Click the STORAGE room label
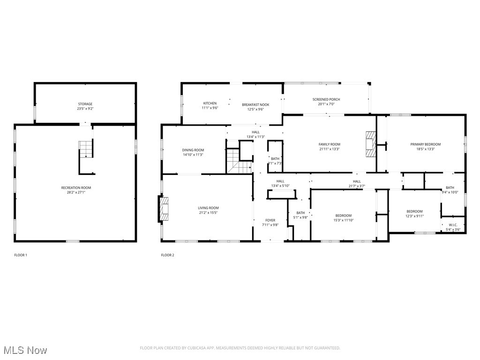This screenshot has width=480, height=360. point(85,104)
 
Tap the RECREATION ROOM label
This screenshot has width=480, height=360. point(76,188)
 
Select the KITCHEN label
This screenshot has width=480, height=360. point(210,103)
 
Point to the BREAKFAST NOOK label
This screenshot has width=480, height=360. point(255,105)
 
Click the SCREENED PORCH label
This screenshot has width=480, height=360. point(326,99)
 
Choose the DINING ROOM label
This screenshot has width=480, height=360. point(193,150)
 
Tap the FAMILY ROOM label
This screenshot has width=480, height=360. point(330,144)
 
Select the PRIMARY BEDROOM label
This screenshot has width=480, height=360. point(426,144)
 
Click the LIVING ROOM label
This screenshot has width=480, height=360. point(208,208)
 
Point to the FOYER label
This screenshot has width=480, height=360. point(270,220)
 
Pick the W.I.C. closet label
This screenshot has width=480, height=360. point(453,225)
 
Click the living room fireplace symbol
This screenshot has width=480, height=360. point(164,209)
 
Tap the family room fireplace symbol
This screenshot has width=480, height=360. point(370,144)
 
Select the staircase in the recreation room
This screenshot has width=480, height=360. point(85,150)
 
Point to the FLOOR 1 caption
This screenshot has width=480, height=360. point(21,255)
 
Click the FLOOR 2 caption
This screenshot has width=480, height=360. point(167,255)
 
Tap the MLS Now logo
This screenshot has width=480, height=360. point(24,350)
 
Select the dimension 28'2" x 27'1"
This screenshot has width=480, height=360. point(76,192)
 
